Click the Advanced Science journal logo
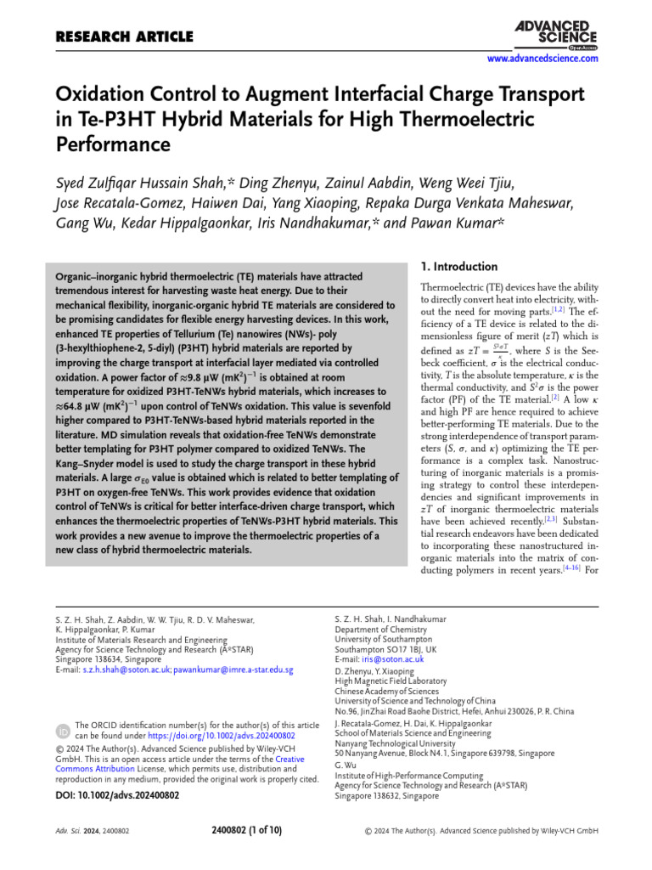point(555,34)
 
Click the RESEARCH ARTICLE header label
point(124,37)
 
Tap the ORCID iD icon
point(64,730)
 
